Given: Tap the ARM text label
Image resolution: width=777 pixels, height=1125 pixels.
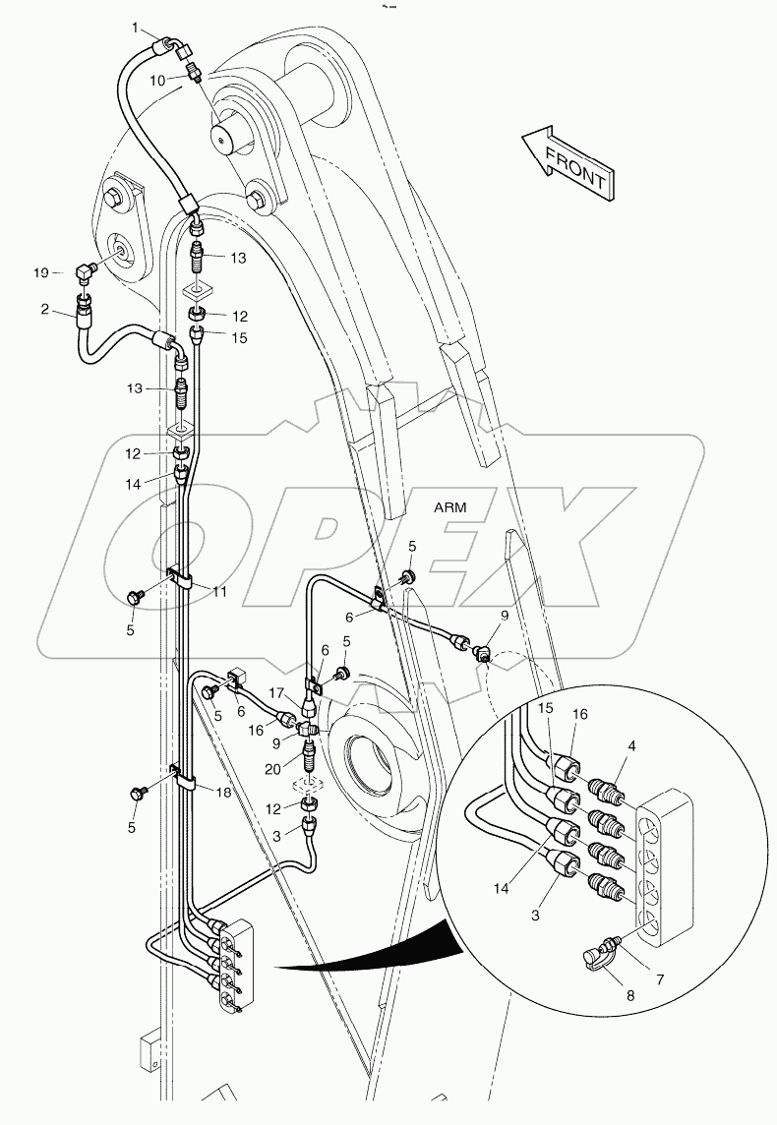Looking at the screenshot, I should [450, 507].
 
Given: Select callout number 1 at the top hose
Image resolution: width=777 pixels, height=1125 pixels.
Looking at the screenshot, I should [137, 28].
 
